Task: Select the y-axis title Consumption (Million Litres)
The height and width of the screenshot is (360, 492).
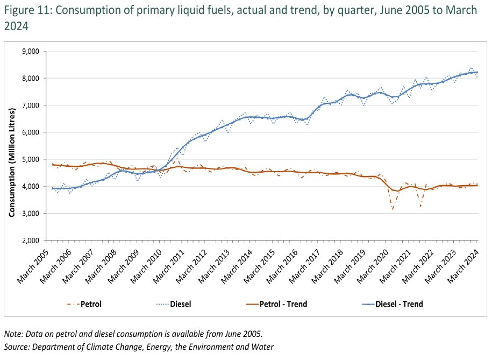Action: point(11,162)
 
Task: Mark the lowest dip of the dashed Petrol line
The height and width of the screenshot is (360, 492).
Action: point(393,209)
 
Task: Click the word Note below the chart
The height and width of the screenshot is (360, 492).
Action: point(14,334)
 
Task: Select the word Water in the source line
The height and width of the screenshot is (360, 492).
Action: point(263,347)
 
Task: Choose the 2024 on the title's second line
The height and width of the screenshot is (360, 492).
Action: point(16,26)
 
